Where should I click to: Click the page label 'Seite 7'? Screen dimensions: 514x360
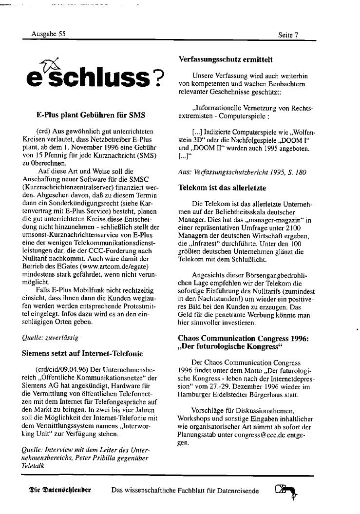(x=288, y=35)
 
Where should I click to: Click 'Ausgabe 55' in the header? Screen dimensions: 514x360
(x=48, y=34)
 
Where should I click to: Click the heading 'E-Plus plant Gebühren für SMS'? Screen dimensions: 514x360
(x=91, y=115)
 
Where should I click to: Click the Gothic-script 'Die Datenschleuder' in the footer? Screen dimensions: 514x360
(x=60, y=490)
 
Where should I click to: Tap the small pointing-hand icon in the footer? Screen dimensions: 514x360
(x=286, y=490)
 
